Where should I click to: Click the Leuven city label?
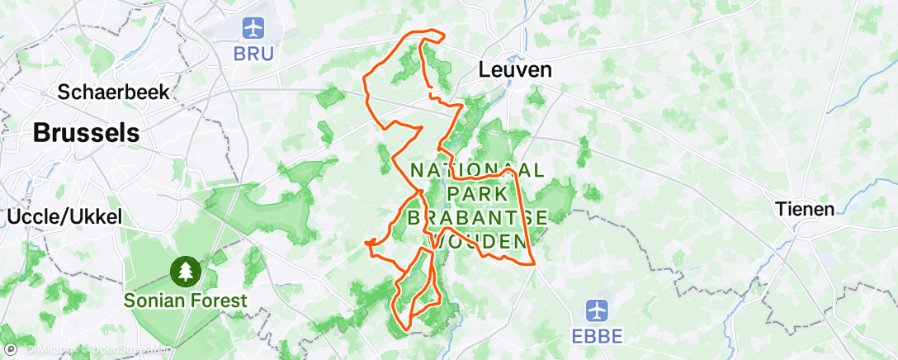point(515,71)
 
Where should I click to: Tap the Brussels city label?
point(87,132)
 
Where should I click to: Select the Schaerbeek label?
point(114,92)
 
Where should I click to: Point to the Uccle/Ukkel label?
point(64,217)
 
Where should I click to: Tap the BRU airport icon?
point(253,28)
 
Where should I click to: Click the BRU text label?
point(253,53)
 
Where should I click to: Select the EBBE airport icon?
point(597,311)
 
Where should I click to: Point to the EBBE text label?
point(597,336)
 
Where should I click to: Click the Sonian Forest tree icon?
point(186,270)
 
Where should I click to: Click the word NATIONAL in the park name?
point(477,170)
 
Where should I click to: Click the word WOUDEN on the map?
point(480,241)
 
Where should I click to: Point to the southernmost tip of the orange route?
point(406,329)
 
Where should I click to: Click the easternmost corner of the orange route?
point(536,264)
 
